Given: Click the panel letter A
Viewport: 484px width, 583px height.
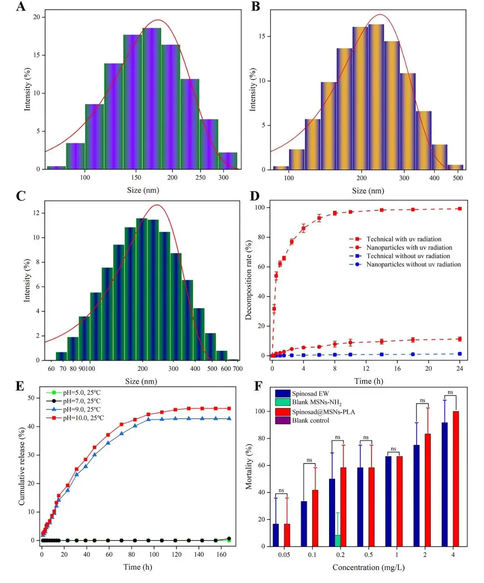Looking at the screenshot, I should pyautogui.click(x=21, y=7).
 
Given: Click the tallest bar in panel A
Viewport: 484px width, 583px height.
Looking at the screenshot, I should pyautogui.click(x=152, y=99).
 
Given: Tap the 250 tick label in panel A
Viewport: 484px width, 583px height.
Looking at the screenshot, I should pyautogui.click(x=200, y=178).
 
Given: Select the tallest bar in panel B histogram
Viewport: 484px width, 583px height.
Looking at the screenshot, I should pyautogui.click(x=376, y=97).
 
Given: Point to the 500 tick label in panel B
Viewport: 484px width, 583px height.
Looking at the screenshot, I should pyautogui.click(x=458, y=178).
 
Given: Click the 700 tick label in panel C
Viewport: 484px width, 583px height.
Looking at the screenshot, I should pyautogui.click(x=238, y=369).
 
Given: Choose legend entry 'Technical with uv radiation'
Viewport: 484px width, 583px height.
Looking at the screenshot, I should pyautogui.click(x=403, y=239).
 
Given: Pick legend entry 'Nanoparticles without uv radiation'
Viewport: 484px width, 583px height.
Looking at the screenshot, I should pyautogui.click(x=413, y=264).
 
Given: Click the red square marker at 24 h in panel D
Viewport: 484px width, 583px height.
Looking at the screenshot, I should pyautogui.click(x=460, y=209).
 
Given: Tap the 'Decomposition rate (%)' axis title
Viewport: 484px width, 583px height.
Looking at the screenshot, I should pyautogui.click(x=248, y=281).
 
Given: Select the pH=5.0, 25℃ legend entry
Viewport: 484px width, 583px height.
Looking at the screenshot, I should pyautogui.click(x=81, y=392).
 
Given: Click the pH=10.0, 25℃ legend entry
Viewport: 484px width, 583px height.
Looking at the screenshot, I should pyautogui.click(x=83, y=418).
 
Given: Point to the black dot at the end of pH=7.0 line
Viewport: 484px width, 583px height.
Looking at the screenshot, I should pyautogui.click(x=229, y=539).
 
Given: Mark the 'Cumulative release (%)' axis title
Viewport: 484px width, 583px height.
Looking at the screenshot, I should pyautogui.click(x=22, y=466).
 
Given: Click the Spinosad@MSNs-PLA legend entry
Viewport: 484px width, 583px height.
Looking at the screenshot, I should pyautogui.click(x=323, y=412).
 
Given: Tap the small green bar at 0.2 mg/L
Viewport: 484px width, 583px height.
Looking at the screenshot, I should pyautogui.click(x=338, y=541).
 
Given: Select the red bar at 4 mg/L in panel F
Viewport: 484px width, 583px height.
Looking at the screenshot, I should pyautogui.click(x=456, y=479).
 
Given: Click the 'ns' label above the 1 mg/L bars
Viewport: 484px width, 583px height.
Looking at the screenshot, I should pyautogui.click(x=394, y=449).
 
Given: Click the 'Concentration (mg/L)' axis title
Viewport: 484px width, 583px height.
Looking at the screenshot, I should pyautogui.click(x=368, y=568).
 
